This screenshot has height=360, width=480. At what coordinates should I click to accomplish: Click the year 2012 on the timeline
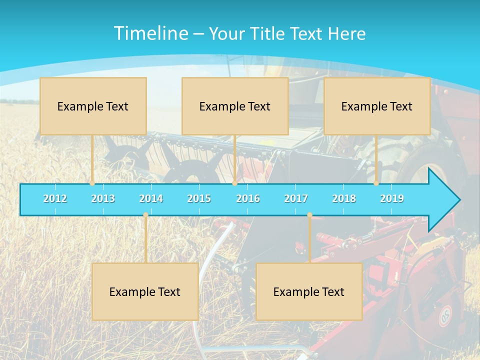55,198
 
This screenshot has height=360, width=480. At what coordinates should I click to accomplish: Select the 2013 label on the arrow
103,198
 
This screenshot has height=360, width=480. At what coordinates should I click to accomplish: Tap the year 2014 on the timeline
151,198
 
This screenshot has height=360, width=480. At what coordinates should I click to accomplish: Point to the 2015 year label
199,198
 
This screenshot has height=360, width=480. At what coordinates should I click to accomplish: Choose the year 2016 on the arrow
248,198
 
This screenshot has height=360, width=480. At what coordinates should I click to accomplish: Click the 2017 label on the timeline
296,198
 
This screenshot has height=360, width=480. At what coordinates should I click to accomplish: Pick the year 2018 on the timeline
344,198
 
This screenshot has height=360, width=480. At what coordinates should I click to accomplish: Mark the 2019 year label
392,198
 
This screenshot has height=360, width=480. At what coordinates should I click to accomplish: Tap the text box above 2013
93,106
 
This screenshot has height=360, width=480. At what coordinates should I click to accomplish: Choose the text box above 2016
235,106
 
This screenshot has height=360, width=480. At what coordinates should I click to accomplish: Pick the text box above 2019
377,106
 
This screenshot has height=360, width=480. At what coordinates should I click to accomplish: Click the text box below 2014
145,291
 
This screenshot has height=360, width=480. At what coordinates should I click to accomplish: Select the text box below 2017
309,291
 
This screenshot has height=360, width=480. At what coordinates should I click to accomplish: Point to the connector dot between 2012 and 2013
92,183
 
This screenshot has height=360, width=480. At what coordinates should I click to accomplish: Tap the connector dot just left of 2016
234,183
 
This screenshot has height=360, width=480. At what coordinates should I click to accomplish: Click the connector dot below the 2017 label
309,215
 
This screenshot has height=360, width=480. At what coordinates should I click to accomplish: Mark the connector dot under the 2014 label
145,215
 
